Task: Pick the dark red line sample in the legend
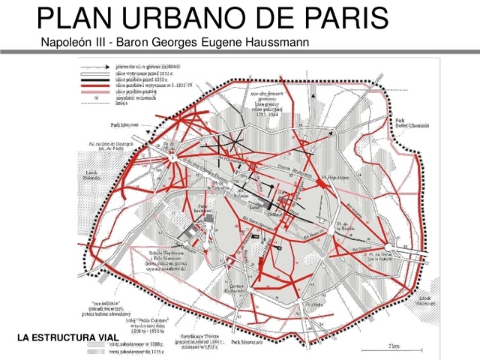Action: [x=95, y=86]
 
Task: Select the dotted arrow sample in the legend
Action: [x=95, y=66]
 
